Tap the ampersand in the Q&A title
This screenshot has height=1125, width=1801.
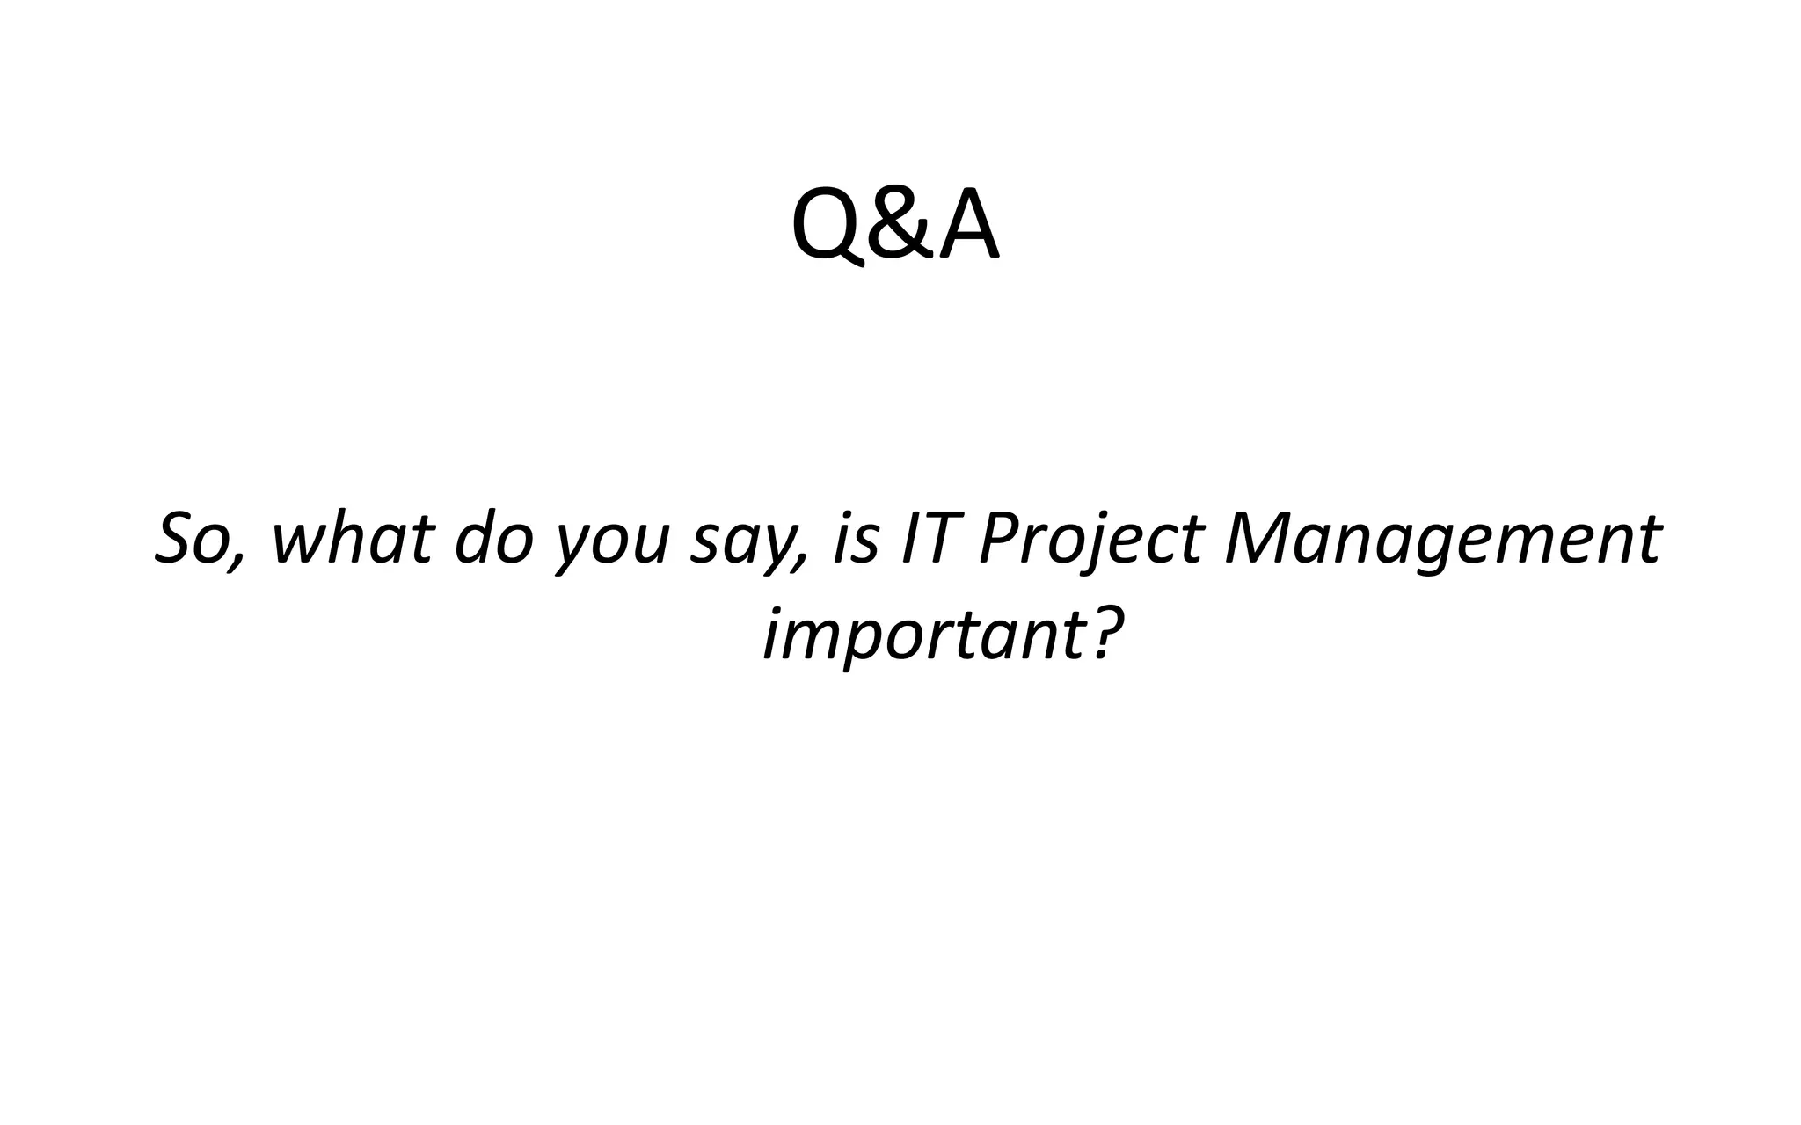pyautogui.click(x=895, y=227)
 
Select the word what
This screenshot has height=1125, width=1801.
pyautogui.click(x=353, y=538)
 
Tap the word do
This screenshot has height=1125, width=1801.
pyautogui.click(x=494, y=538)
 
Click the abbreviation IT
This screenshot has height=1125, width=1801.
pyautogui.click(x=929, y=538)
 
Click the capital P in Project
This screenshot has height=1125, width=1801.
pyautogui.click(x=999, y=538)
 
